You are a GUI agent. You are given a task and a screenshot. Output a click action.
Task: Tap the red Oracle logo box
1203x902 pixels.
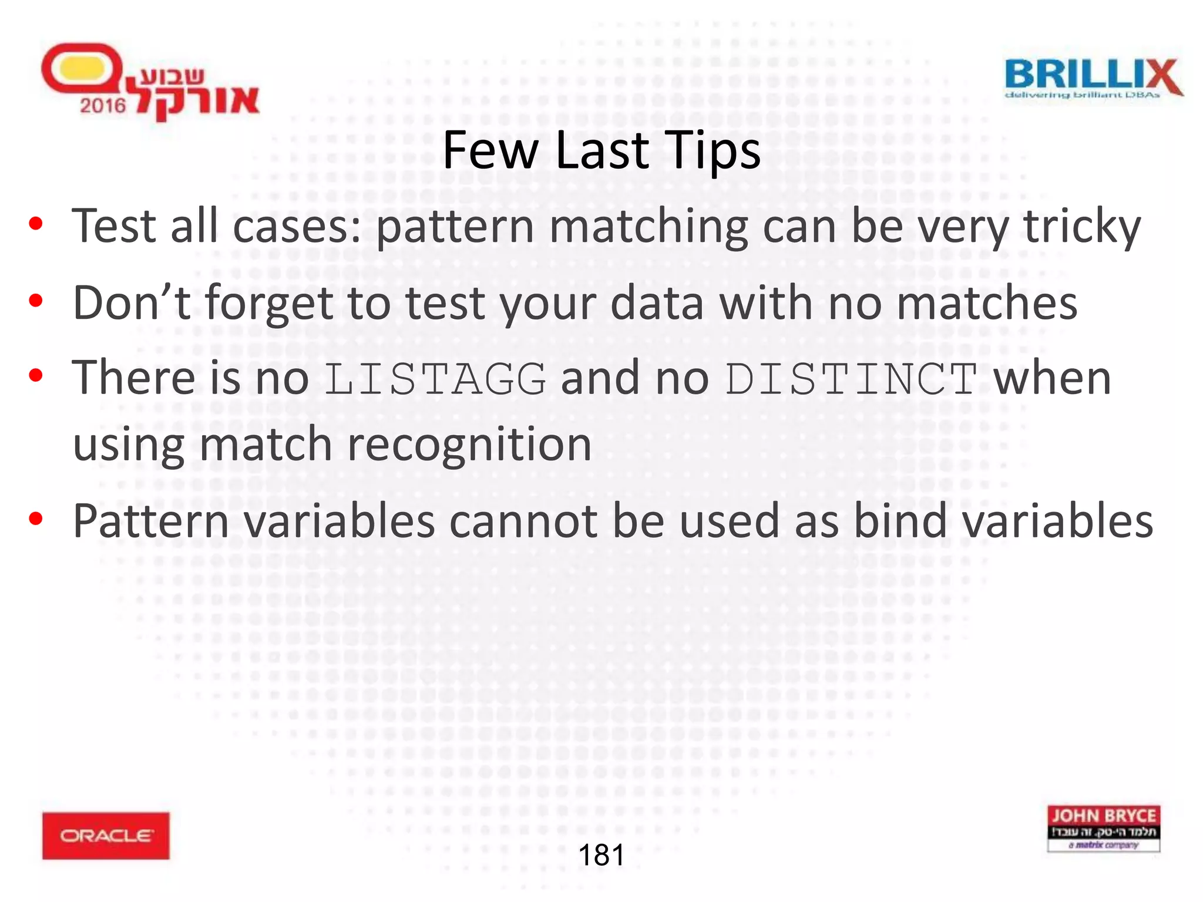coord(106,835)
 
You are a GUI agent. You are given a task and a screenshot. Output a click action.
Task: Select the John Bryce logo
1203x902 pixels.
coord(1103,828)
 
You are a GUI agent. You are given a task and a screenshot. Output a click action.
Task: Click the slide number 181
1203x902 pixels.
coord(601,855)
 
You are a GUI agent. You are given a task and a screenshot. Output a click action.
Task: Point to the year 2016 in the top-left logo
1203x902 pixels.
coord(103,106)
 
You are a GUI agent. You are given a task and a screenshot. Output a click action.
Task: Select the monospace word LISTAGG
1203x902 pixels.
coord(435,379)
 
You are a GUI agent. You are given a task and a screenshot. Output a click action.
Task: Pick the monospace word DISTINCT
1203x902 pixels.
coord(851,379)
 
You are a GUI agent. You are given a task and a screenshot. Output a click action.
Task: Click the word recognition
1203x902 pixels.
coord(469,445)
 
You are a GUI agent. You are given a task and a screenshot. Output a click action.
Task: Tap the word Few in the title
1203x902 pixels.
coord(490,150)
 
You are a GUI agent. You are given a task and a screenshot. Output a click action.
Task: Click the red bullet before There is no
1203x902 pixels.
coord(36,375)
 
